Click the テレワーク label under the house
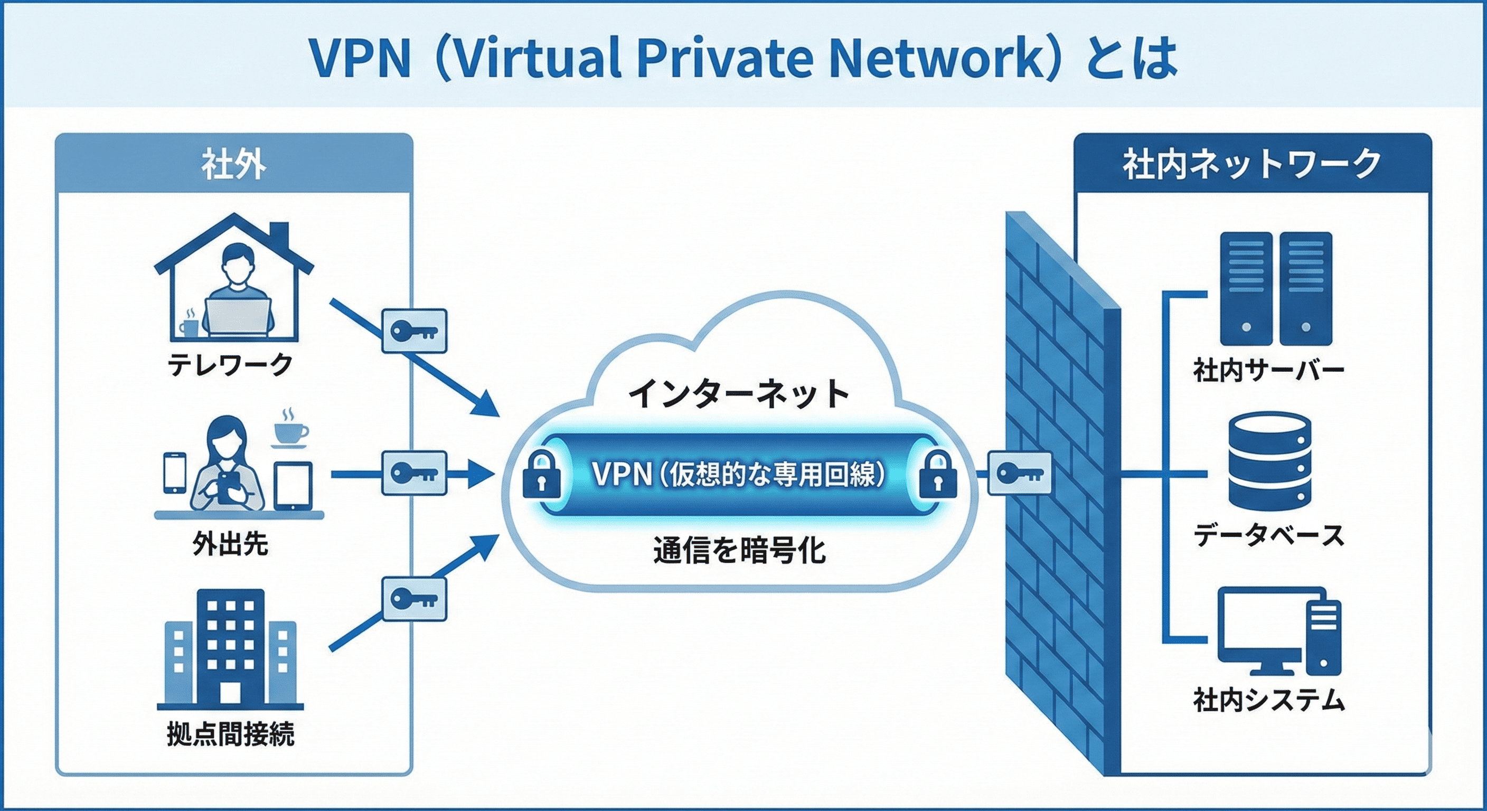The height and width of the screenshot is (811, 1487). pyautogui.click(x=230, y=365)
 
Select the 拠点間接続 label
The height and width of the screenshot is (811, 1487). pyautogui.click(x=230, y=734)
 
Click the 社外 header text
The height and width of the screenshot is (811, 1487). pyautogui.click(x=234, y=165)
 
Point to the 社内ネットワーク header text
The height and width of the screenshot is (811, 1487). pyautogui.click(x=1251, y=165)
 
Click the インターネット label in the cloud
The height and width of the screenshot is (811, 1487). pyautogui.click(x=739, y=394)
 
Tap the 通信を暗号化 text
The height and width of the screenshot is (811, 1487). pyautogui.click(x=739, y=550)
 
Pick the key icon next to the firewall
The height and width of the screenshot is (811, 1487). pyautogui.click(x=1020, y=473)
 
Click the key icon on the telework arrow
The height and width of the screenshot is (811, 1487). pyautogui.click(x=414, y=331)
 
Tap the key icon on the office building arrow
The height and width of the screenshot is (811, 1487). pyautogui.click(x=414, y=599)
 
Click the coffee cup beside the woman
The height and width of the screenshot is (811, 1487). pyautogui.click(x=290, y=430)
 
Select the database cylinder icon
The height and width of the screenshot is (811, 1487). pyautogui.click(x=1270, y=466)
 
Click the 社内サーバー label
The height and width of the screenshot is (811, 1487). pyautogui.click(x=1268, y=370)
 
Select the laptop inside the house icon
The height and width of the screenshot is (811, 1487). pyautogui.click(x=238, y=317)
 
